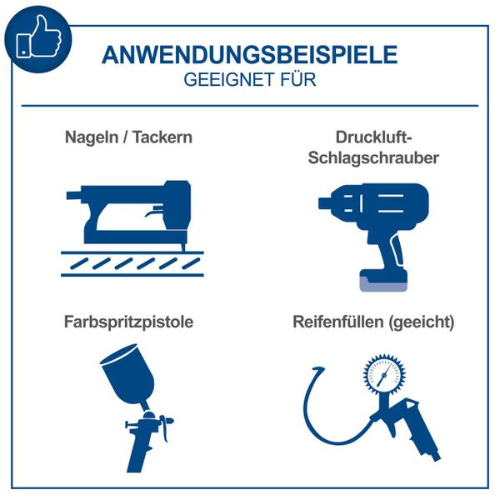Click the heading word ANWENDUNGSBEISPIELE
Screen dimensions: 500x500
point(249,56)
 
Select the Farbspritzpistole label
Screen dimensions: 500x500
point(127,322)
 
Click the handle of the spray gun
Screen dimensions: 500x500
point(137,454)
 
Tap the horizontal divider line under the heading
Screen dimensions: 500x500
point(249,106)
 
